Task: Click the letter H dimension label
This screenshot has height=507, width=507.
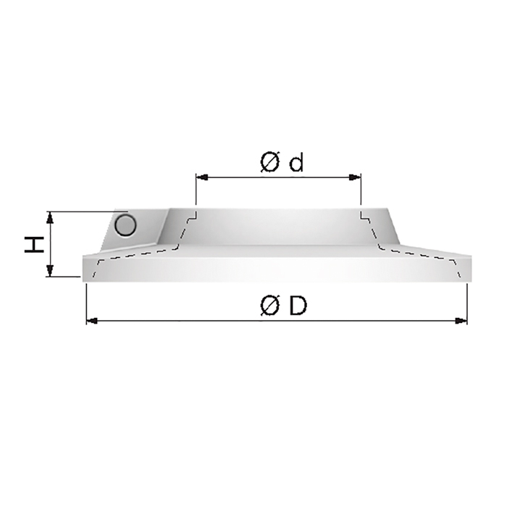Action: [33, 244]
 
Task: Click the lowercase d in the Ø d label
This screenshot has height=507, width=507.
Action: [296, 163]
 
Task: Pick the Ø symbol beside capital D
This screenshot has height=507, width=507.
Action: [269, 307]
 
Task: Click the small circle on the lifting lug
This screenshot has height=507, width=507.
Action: [125, 225]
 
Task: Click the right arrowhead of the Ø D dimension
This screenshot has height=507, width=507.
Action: [461, 320]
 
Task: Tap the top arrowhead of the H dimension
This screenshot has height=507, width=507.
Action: [49, 217]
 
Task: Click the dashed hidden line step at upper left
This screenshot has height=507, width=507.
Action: [190, 216]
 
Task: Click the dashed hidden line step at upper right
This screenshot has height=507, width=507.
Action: [366, 216]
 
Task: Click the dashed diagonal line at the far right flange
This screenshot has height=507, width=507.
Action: [458, 267]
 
